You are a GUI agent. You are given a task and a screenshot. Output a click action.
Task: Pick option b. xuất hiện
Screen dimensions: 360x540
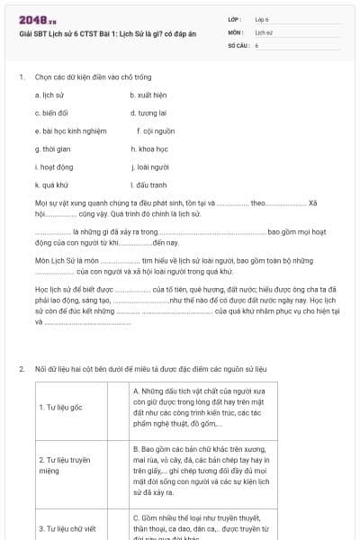click(x=148, y=94)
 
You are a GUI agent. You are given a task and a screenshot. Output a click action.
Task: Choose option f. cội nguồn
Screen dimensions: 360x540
click(x=158, y=130)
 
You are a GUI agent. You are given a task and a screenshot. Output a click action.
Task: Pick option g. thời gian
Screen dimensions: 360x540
click(x=52, y=148)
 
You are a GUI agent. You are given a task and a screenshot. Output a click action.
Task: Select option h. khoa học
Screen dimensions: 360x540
click(x=148, y=148)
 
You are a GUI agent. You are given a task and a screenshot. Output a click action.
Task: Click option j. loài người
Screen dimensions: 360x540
click(x=149, y=166)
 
